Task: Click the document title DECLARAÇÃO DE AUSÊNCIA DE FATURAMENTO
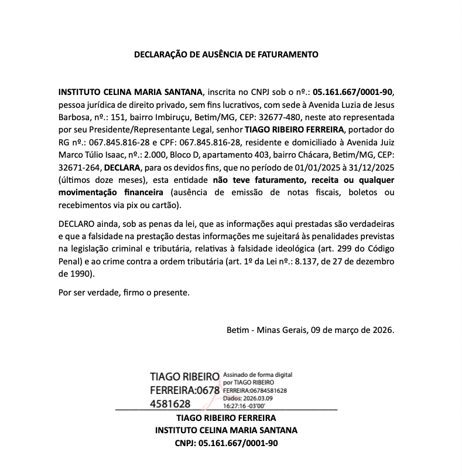(x=226, y=55)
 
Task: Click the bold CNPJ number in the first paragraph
(x=354, y=92)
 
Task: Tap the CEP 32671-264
(x=80, y=167)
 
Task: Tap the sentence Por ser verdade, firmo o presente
(x=124, y=293)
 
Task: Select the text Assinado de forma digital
(x=257, y=374)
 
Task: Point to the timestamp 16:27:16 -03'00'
(x=244, y=405)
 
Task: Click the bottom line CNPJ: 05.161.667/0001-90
(x=226, y=443)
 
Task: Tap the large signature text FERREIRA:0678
(x=184, y=390)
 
